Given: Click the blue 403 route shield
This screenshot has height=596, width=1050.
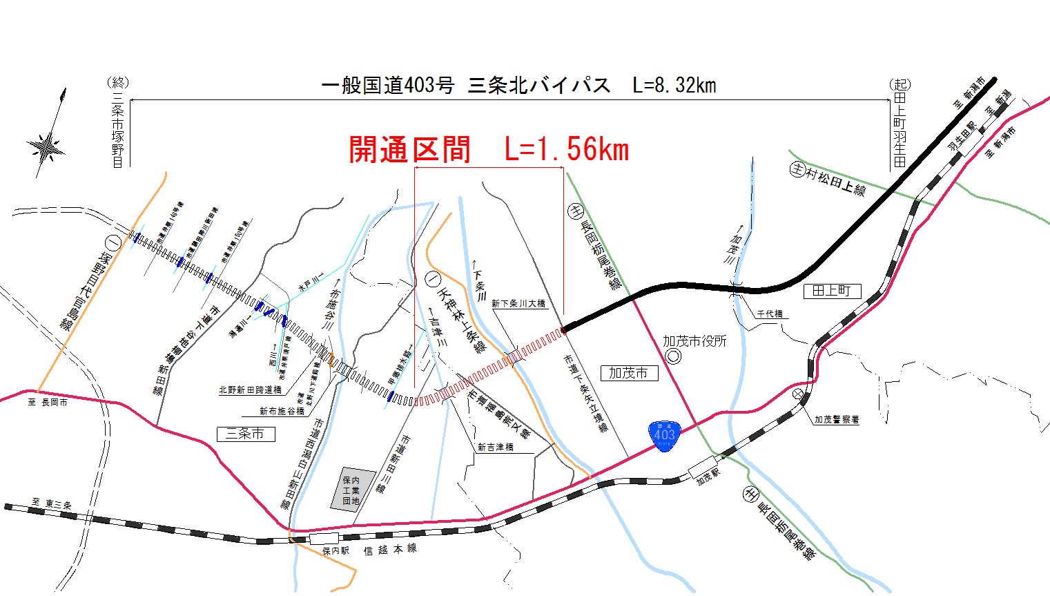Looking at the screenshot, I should (x=664, y=435).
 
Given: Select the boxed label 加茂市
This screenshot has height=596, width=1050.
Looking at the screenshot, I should (x=628, y=373).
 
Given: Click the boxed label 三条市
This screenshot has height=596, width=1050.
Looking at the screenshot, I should (x=245, y=434).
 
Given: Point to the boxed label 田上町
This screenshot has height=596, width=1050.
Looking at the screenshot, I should (x=832, y=291).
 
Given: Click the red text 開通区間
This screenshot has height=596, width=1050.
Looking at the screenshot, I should (x=410, y=150).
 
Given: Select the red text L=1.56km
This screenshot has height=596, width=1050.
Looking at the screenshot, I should (x=567, y=150).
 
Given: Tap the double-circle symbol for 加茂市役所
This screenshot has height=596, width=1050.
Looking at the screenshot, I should (x=672, y=356).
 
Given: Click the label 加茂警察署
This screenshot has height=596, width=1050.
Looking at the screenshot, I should (x=837, y=419).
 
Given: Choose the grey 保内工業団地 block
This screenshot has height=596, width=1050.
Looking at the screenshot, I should (x=352, y=490).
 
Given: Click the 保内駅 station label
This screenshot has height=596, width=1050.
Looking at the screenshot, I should (x=336, y=551).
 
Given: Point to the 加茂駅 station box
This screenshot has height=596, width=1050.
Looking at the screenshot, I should (x=702, y=468).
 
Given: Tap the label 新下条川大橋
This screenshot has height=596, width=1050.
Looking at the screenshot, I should (x=518, y=303).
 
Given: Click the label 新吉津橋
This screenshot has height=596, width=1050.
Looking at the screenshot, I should (x=496, y=447).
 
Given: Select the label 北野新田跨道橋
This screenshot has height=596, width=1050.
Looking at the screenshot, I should (x=250, y=390).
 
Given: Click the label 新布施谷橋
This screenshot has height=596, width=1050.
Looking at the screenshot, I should (x=282, y=411).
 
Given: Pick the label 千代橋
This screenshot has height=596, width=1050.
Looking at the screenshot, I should (x=770, y=314).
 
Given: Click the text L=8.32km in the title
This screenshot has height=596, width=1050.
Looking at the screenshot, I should (x=674, y=86).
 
